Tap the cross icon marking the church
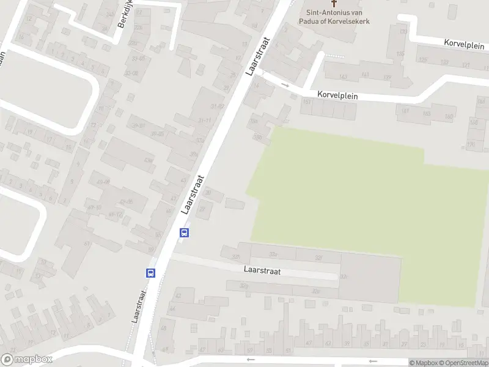[334, 3]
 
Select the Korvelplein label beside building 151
[337, 95]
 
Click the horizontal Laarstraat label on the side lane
[262, 271]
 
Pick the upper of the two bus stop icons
[184, 232]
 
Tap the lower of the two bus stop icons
[150, 273]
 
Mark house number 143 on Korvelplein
[343, 76]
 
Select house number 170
[471, 144]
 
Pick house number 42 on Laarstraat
[178, 295]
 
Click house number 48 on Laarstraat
[163, 328]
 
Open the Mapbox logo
[27, 360]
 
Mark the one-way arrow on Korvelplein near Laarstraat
[285, 84]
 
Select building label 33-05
[138, 59]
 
